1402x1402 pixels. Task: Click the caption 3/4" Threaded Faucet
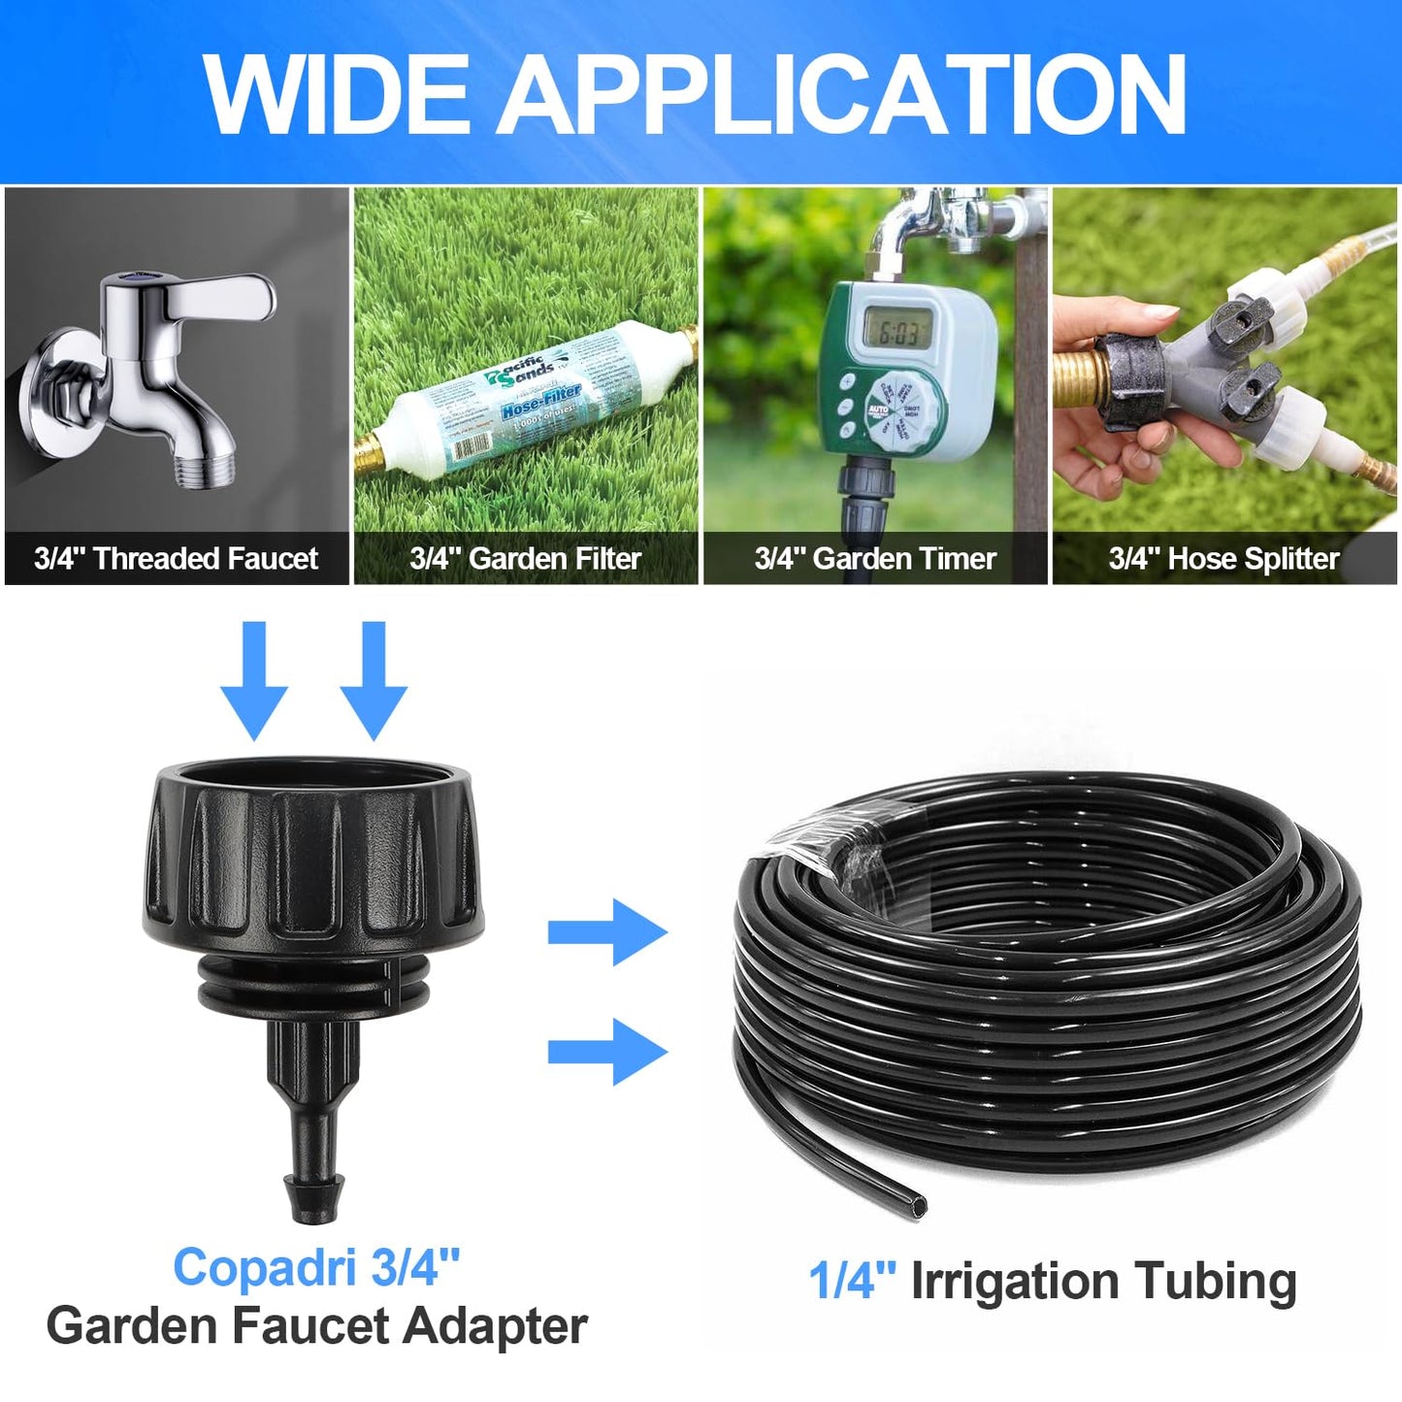[x=176, y=559]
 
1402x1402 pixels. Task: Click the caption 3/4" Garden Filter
[x=525, y=559]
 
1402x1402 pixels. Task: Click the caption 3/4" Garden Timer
[x=875, y=559]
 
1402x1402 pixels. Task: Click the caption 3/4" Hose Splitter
[x=1223, y=559]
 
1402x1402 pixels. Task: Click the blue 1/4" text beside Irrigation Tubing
[x=853, y=1281]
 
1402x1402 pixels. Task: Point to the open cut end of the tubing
[x=913, y=1206]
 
